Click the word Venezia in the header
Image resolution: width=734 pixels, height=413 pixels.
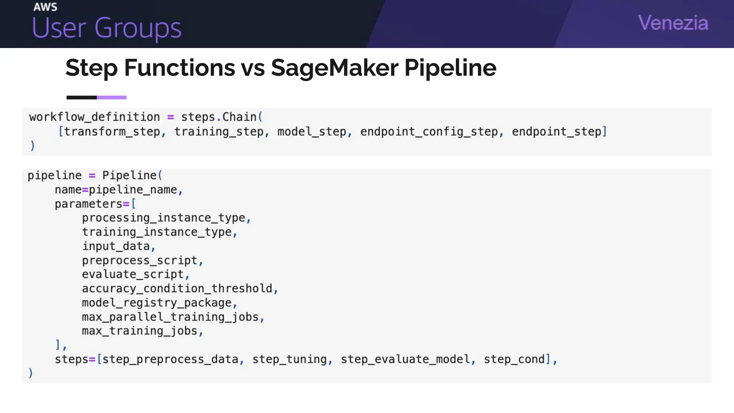tap(673, 23)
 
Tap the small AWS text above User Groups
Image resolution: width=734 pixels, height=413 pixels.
tap(45, 7)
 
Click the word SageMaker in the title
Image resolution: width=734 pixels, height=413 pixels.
tap(334, 68)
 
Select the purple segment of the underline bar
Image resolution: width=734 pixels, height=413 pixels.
tap(111, 98)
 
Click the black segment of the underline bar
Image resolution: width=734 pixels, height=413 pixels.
tap(81, 98)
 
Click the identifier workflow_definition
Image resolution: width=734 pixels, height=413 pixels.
tap(94, 117)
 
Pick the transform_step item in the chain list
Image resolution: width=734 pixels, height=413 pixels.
tap(112, 132)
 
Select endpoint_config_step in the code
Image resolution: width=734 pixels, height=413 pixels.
tap(429, 132)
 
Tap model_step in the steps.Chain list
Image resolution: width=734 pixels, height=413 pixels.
tap(311, 132)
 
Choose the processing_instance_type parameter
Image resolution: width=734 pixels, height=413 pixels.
tap(163, 218)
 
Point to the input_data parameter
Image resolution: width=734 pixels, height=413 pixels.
tap(116, 246)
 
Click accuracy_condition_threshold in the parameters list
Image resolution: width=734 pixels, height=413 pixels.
tap(177, 289)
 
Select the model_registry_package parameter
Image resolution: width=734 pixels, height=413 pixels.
tap(157, 303)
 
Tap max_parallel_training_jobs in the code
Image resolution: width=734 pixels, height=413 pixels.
tap(170, 317)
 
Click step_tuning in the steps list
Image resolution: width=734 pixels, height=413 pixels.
tap(290, 359)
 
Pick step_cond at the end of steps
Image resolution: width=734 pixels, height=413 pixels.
tap(514, 359)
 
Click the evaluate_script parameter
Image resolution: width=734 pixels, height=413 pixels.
tap(133, 275)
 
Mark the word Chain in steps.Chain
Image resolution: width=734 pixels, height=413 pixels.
tap(239, 117)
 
